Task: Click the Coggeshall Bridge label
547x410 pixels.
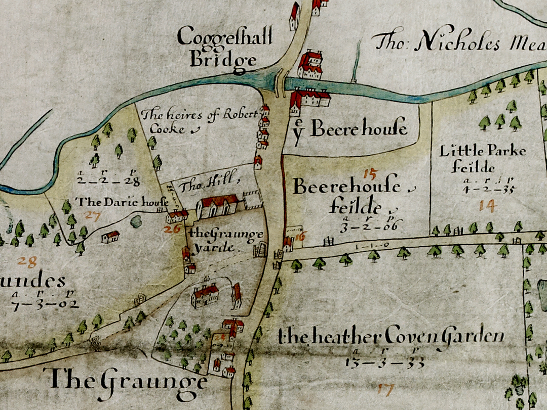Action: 224,48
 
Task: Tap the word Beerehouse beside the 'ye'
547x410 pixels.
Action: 359,129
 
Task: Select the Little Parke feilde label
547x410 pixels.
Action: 482,158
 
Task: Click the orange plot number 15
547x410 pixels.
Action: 370,174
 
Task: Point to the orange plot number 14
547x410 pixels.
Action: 488,205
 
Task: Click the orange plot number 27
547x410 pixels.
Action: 93,216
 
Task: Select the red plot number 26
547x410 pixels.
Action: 172,229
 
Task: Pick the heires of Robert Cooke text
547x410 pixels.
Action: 185,121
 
